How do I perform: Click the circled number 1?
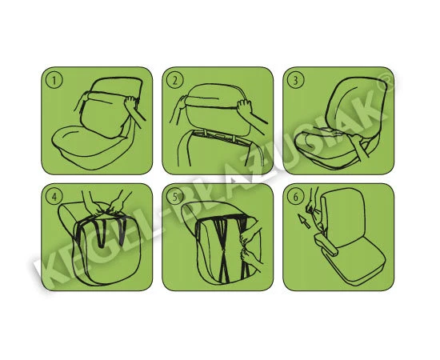click(54, 81)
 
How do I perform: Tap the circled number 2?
click(175, 81)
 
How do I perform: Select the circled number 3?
click(296, 81)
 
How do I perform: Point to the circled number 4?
click(54, 197)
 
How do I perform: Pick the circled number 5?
click(175, 197)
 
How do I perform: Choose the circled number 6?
click(296, 197)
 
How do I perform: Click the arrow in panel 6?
click(304, 221)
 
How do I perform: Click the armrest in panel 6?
click(326, 244)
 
